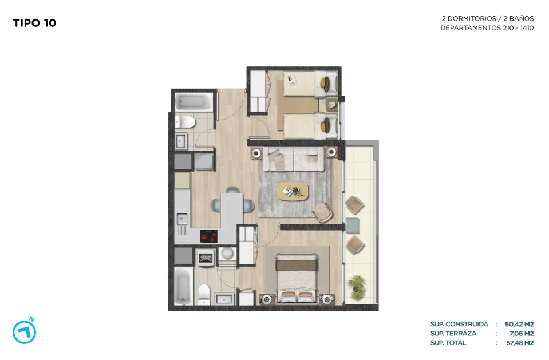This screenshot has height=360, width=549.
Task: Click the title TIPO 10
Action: (35, 23)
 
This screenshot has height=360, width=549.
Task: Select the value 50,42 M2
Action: (519, 325)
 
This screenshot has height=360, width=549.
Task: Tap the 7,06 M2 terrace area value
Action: (522, 333)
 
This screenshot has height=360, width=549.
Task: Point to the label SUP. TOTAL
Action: (448, 343)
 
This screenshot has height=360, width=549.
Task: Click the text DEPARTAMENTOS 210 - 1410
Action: (487, 28)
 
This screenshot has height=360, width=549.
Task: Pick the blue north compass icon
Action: (25, 331)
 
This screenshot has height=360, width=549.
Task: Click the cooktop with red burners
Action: (209, 236)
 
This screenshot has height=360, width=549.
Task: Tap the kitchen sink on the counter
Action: (181, 220)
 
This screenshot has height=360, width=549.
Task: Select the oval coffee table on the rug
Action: (293, 191)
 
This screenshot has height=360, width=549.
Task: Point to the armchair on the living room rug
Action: (322, 212)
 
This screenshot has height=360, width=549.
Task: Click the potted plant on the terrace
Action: (357, 288)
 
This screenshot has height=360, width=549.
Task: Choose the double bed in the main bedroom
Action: (297, 278)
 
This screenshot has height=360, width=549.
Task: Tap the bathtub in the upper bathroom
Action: (193, 102)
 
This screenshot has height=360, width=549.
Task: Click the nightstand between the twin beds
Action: (332, 105)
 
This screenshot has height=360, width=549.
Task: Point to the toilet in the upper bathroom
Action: (185, 122)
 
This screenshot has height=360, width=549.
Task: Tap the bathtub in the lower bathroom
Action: (183, 286)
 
